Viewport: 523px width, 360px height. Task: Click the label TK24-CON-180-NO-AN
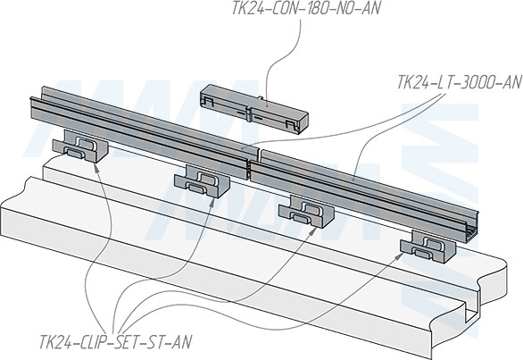tap(306, 8)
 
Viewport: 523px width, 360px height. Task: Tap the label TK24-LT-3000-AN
tap(459, 82)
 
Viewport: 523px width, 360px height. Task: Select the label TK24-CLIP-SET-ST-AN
tap(116, 342)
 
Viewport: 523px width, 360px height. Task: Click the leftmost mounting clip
tap(80, 147)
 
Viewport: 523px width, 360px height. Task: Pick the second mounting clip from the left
tap(202, 181)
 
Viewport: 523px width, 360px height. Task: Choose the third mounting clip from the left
tap(306, 212)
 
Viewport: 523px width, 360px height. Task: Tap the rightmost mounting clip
tap(428, 247)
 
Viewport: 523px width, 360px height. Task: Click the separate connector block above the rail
tap(254, 109)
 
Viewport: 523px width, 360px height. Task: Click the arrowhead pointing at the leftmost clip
tap(96, 167)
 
